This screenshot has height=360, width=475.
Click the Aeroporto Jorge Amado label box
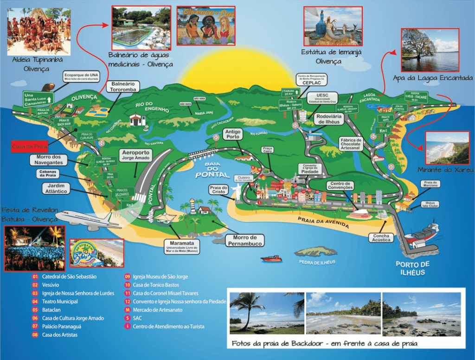135,155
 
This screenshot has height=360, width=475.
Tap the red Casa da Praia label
30,146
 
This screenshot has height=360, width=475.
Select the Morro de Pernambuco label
244,240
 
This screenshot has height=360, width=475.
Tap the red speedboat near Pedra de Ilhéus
271,258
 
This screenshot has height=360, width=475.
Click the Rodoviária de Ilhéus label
328,119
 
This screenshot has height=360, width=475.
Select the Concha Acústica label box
382,238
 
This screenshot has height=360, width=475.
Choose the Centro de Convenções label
340,186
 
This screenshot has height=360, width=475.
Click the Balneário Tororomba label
122,87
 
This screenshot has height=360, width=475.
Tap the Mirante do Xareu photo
447,148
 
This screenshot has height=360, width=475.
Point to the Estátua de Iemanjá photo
333,26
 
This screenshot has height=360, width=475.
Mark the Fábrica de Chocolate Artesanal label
351,144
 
